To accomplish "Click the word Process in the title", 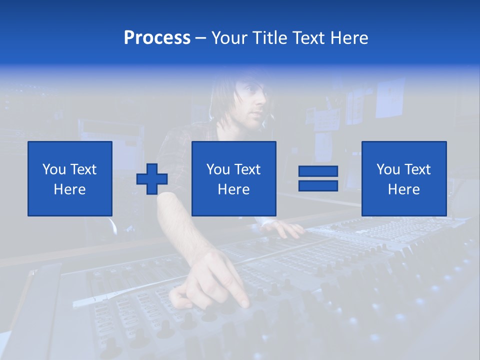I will click(157, 38).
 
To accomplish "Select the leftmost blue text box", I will click(70, 178).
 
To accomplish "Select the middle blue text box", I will click(233, 178).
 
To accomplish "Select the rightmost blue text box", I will click(403, 178).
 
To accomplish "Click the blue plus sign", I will click(152, 178).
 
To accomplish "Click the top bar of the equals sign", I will click(318, 171).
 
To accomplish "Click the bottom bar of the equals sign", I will click(318, 185).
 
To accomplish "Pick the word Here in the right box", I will click(403, 189).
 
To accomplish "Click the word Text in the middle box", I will click(247, 169).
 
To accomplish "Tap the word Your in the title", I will click(228, 38).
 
